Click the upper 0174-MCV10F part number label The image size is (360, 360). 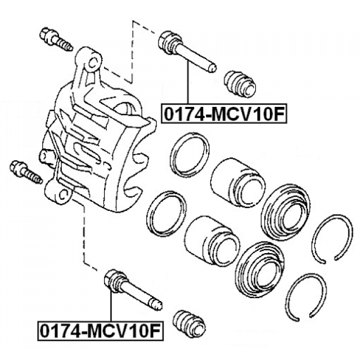(224, 114)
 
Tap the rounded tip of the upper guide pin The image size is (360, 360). (213, 67)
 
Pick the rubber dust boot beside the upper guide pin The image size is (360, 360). (240, 84)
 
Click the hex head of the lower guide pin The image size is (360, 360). (114, 281)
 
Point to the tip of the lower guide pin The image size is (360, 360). (159, 305)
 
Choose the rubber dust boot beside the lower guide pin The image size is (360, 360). (189, 324)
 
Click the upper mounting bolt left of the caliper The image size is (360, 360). (56, 39)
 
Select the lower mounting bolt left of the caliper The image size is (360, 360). (26, 172)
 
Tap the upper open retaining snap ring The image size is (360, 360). (332, 238)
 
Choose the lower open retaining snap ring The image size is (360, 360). (306, 297)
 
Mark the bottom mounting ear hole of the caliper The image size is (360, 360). (62, 195)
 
